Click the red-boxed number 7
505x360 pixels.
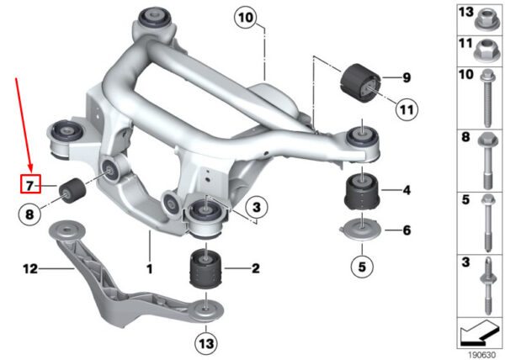point(30,186)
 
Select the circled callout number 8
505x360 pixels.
point(29,214)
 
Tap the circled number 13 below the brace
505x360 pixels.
point(206,343)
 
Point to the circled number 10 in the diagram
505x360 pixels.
point(246,18)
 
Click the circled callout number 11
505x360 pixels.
point(407,109)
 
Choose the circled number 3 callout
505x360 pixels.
point(257,207)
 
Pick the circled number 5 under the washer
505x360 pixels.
point(362,267)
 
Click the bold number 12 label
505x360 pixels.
point(30,268)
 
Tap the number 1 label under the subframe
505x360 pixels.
point(150,269)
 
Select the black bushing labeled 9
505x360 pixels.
point(360,83)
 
